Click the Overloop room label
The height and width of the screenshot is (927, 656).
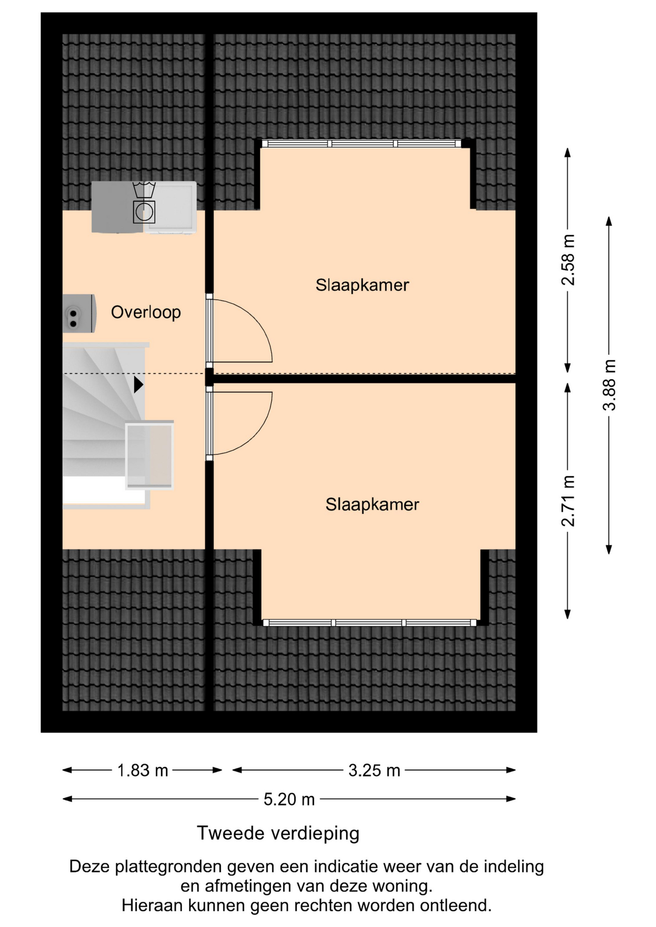(x=146, y=312)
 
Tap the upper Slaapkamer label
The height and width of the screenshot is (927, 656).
(x=362, y=285)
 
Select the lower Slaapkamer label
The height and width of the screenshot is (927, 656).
(x=372, y=505)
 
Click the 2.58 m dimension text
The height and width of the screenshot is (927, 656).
(x=568, y=260)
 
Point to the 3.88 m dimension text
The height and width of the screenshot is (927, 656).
(x=609, y=385)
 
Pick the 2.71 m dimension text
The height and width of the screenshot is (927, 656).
(x=568, y=501)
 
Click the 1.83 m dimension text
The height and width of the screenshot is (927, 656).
(x=143, y=770)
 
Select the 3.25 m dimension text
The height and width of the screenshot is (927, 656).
(x=374, y=770)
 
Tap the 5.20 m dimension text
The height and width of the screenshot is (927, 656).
(x=289, y=799)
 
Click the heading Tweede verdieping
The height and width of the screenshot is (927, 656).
(x=278, y=833)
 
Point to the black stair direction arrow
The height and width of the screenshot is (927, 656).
(x=139, y=385)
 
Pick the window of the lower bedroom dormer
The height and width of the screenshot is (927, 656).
(x=370, y=623)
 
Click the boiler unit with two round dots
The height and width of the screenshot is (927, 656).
(x=79, y=313)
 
